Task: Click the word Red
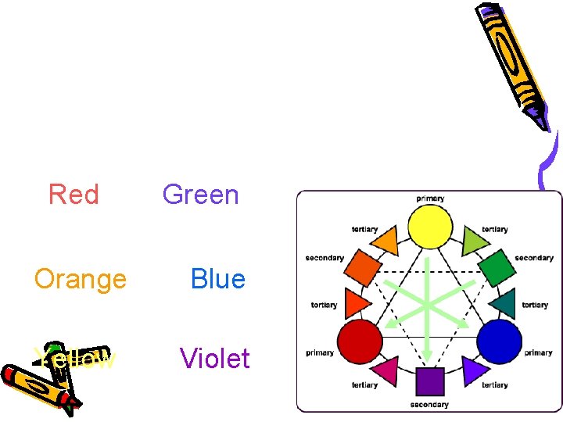coord(74,194)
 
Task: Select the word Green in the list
coord(200,194)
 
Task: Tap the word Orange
coord(80,278)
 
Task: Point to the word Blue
coord(217,278)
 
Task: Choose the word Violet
coord(214,359)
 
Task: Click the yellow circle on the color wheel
coord(431,227)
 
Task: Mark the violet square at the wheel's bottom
coord(429,381)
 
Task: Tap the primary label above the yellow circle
coord(430,198)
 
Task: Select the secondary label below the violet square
coord(429,404)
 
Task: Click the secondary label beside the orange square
coord(325,258)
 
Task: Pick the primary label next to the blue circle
coord(538,352)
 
